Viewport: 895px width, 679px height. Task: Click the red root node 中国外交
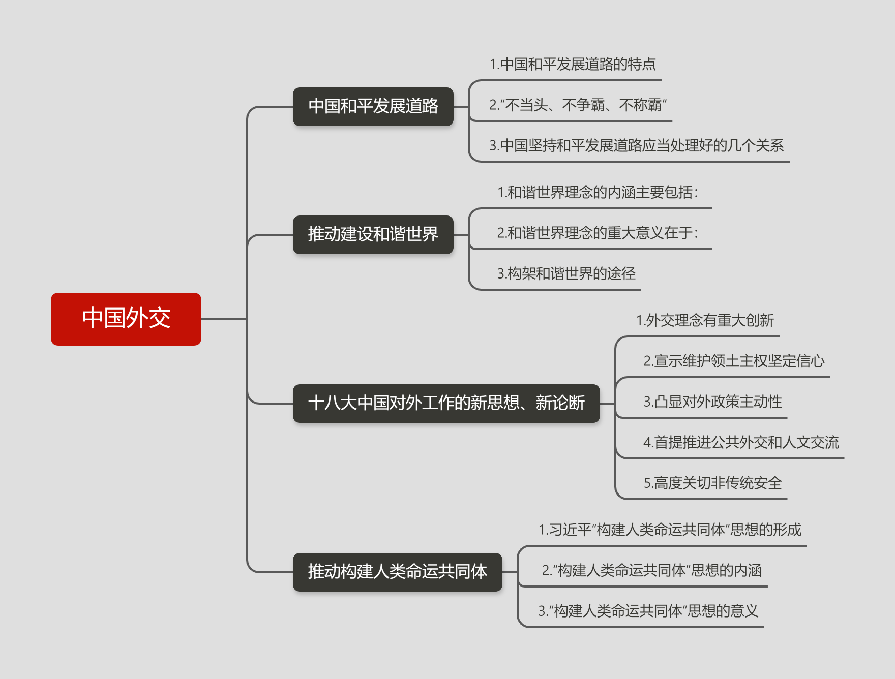click(126, 319)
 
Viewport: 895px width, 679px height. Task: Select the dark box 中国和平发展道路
click(373, 106)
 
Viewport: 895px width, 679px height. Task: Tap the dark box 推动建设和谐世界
click(373, 234)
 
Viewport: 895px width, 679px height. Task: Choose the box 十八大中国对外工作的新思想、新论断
click(446, 403)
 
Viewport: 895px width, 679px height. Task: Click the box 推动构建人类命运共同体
click(397, 572)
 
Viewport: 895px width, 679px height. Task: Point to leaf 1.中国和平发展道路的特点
click(573, 65)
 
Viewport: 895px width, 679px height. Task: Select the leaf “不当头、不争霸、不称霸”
click(578, 105)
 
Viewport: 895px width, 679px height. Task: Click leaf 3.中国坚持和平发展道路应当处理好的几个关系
click(636, 146)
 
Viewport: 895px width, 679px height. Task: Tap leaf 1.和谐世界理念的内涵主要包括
click(598, 193)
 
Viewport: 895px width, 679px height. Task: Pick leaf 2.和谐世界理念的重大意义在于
click(598, 233)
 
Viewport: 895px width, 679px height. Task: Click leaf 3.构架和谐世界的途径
click(566, 274)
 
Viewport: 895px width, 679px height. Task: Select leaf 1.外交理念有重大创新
click(705, 321)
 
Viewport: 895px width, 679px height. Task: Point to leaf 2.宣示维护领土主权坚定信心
click(734, 361)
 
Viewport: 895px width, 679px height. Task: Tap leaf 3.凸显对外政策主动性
click(712, 402)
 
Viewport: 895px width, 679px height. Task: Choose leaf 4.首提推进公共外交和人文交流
click(741, 443)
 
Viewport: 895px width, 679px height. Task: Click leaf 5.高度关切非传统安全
click(712, 483)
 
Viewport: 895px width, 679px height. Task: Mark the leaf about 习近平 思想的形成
click(670, 530)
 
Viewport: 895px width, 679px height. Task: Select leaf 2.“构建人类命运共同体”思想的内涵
click(651, 571)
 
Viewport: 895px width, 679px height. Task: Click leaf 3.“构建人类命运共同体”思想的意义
click(648, 611)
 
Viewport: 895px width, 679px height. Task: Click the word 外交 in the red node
click(148, 319)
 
